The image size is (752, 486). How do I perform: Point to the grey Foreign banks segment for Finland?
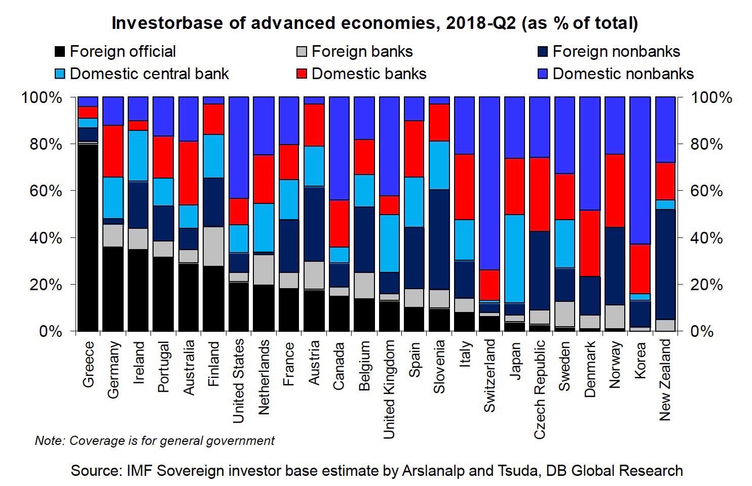click(x=213, y=246)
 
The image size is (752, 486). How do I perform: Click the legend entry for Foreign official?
click(x=122, y=51)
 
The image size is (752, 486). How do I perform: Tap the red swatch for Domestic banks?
click(x=302, y=74)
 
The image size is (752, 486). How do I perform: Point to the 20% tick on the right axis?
click(x=705, y=285)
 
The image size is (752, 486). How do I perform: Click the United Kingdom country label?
click(x=389, y=389)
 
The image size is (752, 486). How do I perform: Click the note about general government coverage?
click(x=155, y=440)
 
